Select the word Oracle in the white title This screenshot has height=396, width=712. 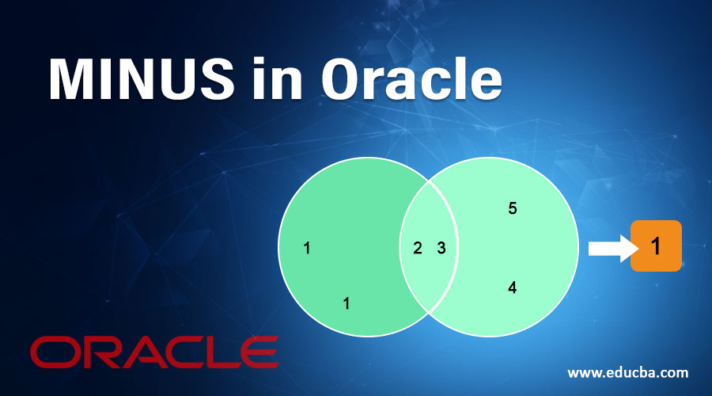pos(411,79)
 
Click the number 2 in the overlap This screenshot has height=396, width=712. pos(417,248)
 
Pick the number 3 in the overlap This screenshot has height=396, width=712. pos(441,248)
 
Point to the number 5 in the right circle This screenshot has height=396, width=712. pos(512,209)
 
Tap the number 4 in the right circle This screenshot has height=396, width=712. pos(512,288)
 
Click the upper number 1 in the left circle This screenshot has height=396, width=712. pos(307,249)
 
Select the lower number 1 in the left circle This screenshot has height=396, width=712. pos(346,303)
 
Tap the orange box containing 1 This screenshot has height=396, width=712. pos(656,246)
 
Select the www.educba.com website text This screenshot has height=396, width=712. pos(628,371)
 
